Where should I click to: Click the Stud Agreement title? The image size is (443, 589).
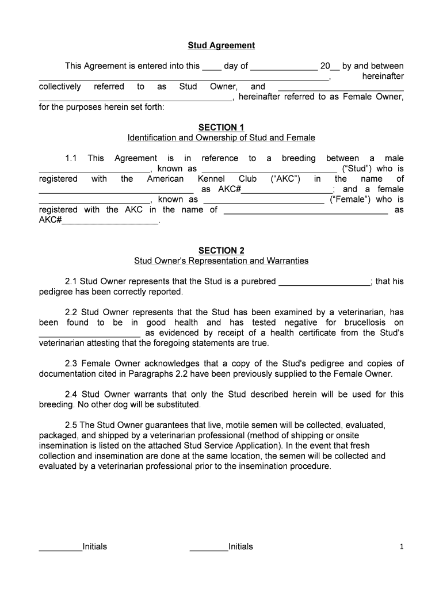221,45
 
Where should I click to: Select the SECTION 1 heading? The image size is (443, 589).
221,127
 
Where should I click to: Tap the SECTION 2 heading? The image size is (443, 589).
221,250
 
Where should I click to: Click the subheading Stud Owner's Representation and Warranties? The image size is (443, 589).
221,261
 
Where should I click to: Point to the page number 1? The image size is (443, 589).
402,547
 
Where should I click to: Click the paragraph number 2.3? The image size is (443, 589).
71,364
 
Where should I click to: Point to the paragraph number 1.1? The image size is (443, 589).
71,158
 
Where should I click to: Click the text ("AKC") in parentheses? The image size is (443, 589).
285,179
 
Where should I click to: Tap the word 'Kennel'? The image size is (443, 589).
211,179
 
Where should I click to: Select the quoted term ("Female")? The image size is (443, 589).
349,200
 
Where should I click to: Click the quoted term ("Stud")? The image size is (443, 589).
357,169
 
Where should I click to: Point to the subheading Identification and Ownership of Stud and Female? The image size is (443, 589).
221,138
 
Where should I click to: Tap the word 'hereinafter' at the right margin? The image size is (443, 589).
383,77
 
